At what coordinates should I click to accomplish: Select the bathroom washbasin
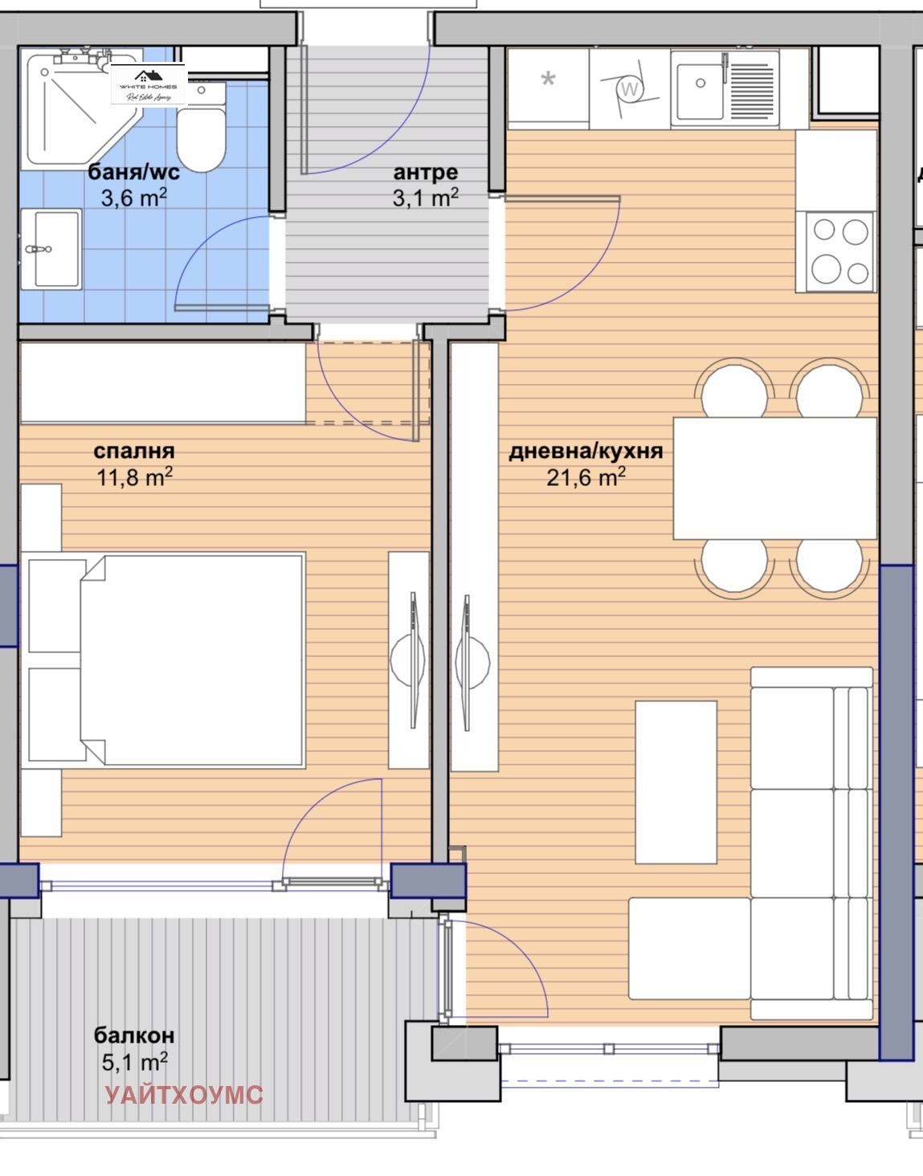click(x=50, y=249)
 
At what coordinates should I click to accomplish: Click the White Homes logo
click(x=149, y=84)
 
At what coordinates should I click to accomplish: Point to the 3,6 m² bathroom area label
click(x=133, y=197)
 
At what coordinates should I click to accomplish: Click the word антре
click(x=425, y=172)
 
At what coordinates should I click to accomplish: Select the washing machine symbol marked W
click(x=630, y=88)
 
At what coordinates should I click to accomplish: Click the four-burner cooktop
click(x=835, y=251)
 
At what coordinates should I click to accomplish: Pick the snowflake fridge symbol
click(x=548, y=80)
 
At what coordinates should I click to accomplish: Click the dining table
click(x=774, y=478)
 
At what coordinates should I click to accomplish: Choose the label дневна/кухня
click(x=586, y=451)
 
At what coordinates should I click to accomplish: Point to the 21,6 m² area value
click(x=586, y=477)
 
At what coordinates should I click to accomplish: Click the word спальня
click(x=133, y=451)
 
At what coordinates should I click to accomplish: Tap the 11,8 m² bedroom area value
click(x=134, y=477)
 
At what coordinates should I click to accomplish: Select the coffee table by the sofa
click(x=676, y=782)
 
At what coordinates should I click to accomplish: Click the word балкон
click(x=134, y=1035)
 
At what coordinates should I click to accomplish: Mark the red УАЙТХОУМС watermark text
click(x=184, y=1094)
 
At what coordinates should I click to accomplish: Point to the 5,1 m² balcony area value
click(x=134, y=1062)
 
